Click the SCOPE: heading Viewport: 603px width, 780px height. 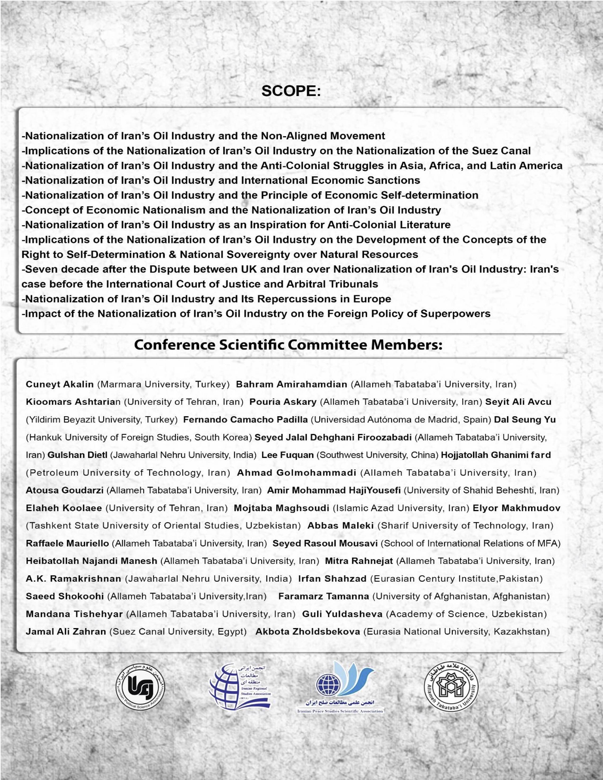point(291,91)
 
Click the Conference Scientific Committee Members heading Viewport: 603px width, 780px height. point(288,345)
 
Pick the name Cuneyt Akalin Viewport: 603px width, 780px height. point(60,384)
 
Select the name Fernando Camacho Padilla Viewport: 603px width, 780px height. point(245,420)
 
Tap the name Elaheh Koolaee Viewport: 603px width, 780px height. point(64,508)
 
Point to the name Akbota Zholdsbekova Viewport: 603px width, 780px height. point(308,631)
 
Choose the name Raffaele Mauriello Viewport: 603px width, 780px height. point(67,543)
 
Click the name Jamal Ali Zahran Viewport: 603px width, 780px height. point(66,631)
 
